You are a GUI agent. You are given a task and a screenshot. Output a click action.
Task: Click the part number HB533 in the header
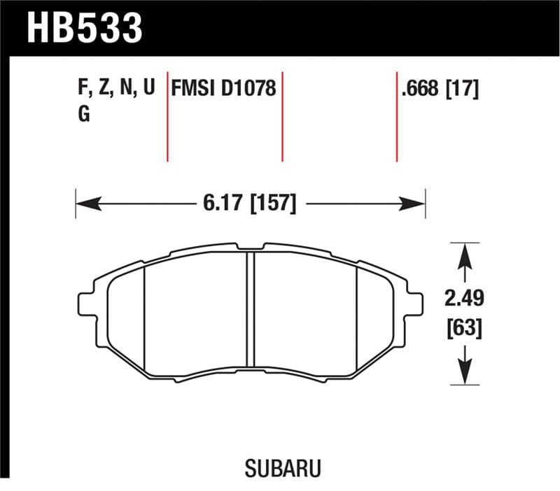click(84, 28)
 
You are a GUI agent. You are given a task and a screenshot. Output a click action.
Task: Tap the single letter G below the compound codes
click(83, 115)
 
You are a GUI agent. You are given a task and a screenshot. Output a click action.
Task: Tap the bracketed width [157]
click(269, 204)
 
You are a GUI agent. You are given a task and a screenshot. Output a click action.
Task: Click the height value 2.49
click(464, 299)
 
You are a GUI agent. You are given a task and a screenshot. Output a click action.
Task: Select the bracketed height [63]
click(464, 327)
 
